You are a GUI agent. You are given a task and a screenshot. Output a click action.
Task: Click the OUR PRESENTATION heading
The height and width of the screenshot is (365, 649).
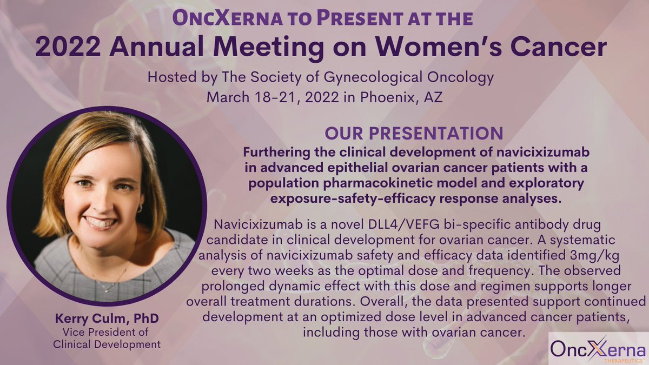[413, 132]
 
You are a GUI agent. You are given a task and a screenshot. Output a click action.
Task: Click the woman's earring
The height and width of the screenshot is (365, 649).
[139, 208]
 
